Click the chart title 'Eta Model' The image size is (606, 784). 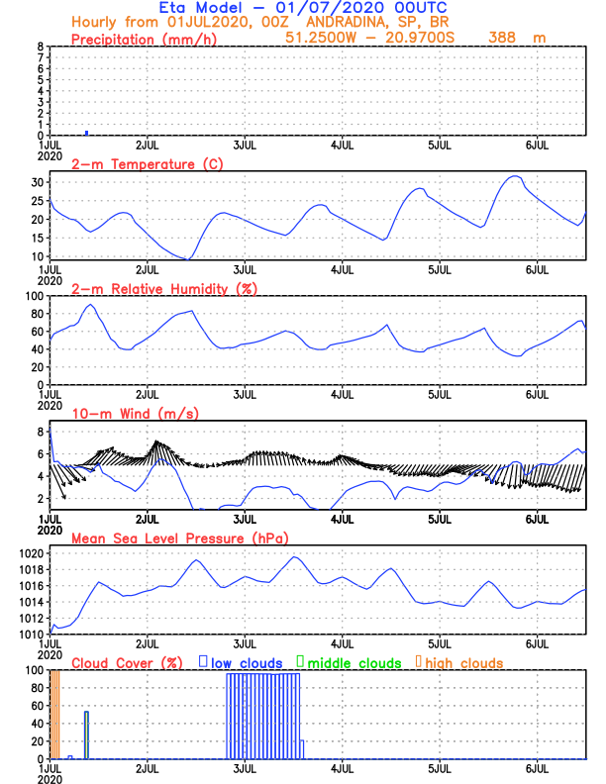205,8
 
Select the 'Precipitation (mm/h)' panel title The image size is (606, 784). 145,39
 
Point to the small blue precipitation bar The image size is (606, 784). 87,132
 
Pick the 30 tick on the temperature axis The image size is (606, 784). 38,182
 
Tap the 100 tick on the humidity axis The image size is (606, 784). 34,296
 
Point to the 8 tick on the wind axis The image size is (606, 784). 41,432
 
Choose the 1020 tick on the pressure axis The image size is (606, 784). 31,553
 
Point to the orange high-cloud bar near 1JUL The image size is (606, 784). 55,713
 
